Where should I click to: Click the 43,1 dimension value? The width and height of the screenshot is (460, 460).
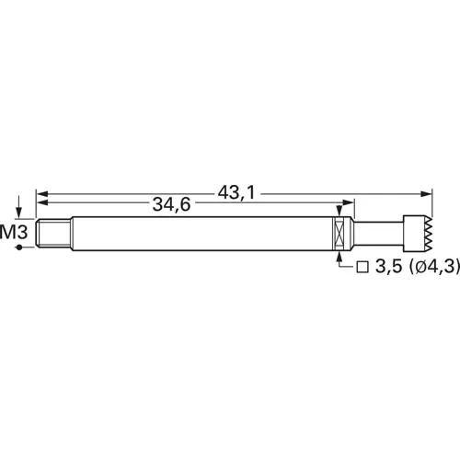coord(236,192)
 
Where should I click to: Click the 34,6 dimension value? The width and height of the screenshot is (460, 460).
coord(171,205)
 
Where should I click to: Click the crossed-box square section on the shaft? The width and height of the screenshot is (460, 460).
coord(341,233)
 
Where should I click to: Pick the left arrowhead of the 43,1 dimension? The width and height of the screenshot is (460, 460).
coord(41,194)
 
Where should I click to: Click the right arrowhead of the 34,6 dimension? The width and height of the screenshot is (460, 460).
coord(348,206)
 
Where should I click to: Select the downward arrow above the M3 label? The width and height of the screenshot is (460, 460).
coord(18,210)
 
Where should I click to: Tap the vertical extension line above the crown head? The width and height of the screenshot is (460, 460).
coord(432,204)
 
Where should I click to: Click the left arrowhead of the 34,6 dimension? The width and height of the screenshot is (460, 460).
coord(41,206)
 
